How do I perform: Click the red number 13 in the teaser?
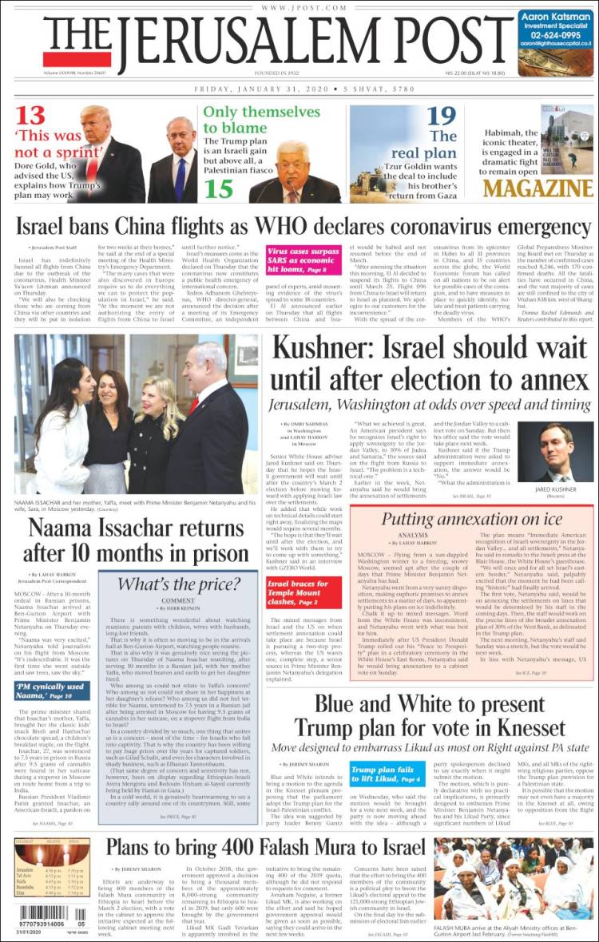tap(31, 116)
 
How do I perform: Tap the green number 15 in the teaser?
tap(218, 188)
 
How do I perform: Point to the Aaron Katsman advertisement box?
tap(555, 42)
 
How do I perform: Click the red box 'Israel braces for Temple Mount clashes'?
tap(303, 592)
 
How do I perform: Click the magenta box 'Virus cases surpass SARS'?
tap(301, 259)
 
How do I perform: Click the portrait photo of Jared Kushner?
tap(556, 452)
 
